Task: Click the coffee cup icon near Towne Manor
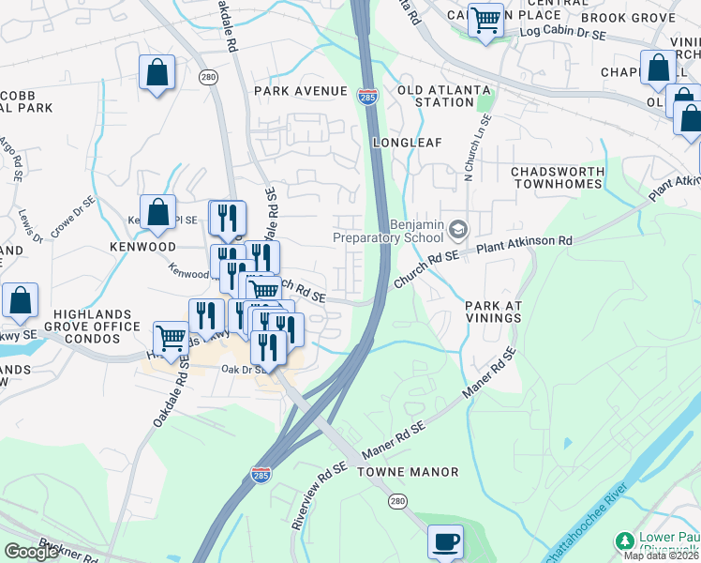[446, 541]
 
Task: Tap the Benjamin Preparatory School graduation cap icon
[458, 229]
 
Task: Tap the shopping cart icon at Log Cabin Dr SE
[485, 20]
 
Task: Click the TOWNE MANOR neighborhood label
[408, 472]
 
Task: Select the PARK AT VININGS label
[493, 312]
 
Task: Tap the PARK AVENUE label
[301, 91]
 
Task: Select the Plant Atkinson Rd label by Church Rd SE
[525, 242]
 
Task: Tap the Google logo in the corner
[31, 551]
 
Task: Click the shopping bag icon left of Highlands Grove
[20, 301]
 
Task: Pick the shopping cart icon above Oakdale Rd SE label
[171, 338]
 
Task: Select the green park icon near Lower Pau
[624, 541]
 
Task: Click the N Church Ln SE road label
[476, 149]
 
